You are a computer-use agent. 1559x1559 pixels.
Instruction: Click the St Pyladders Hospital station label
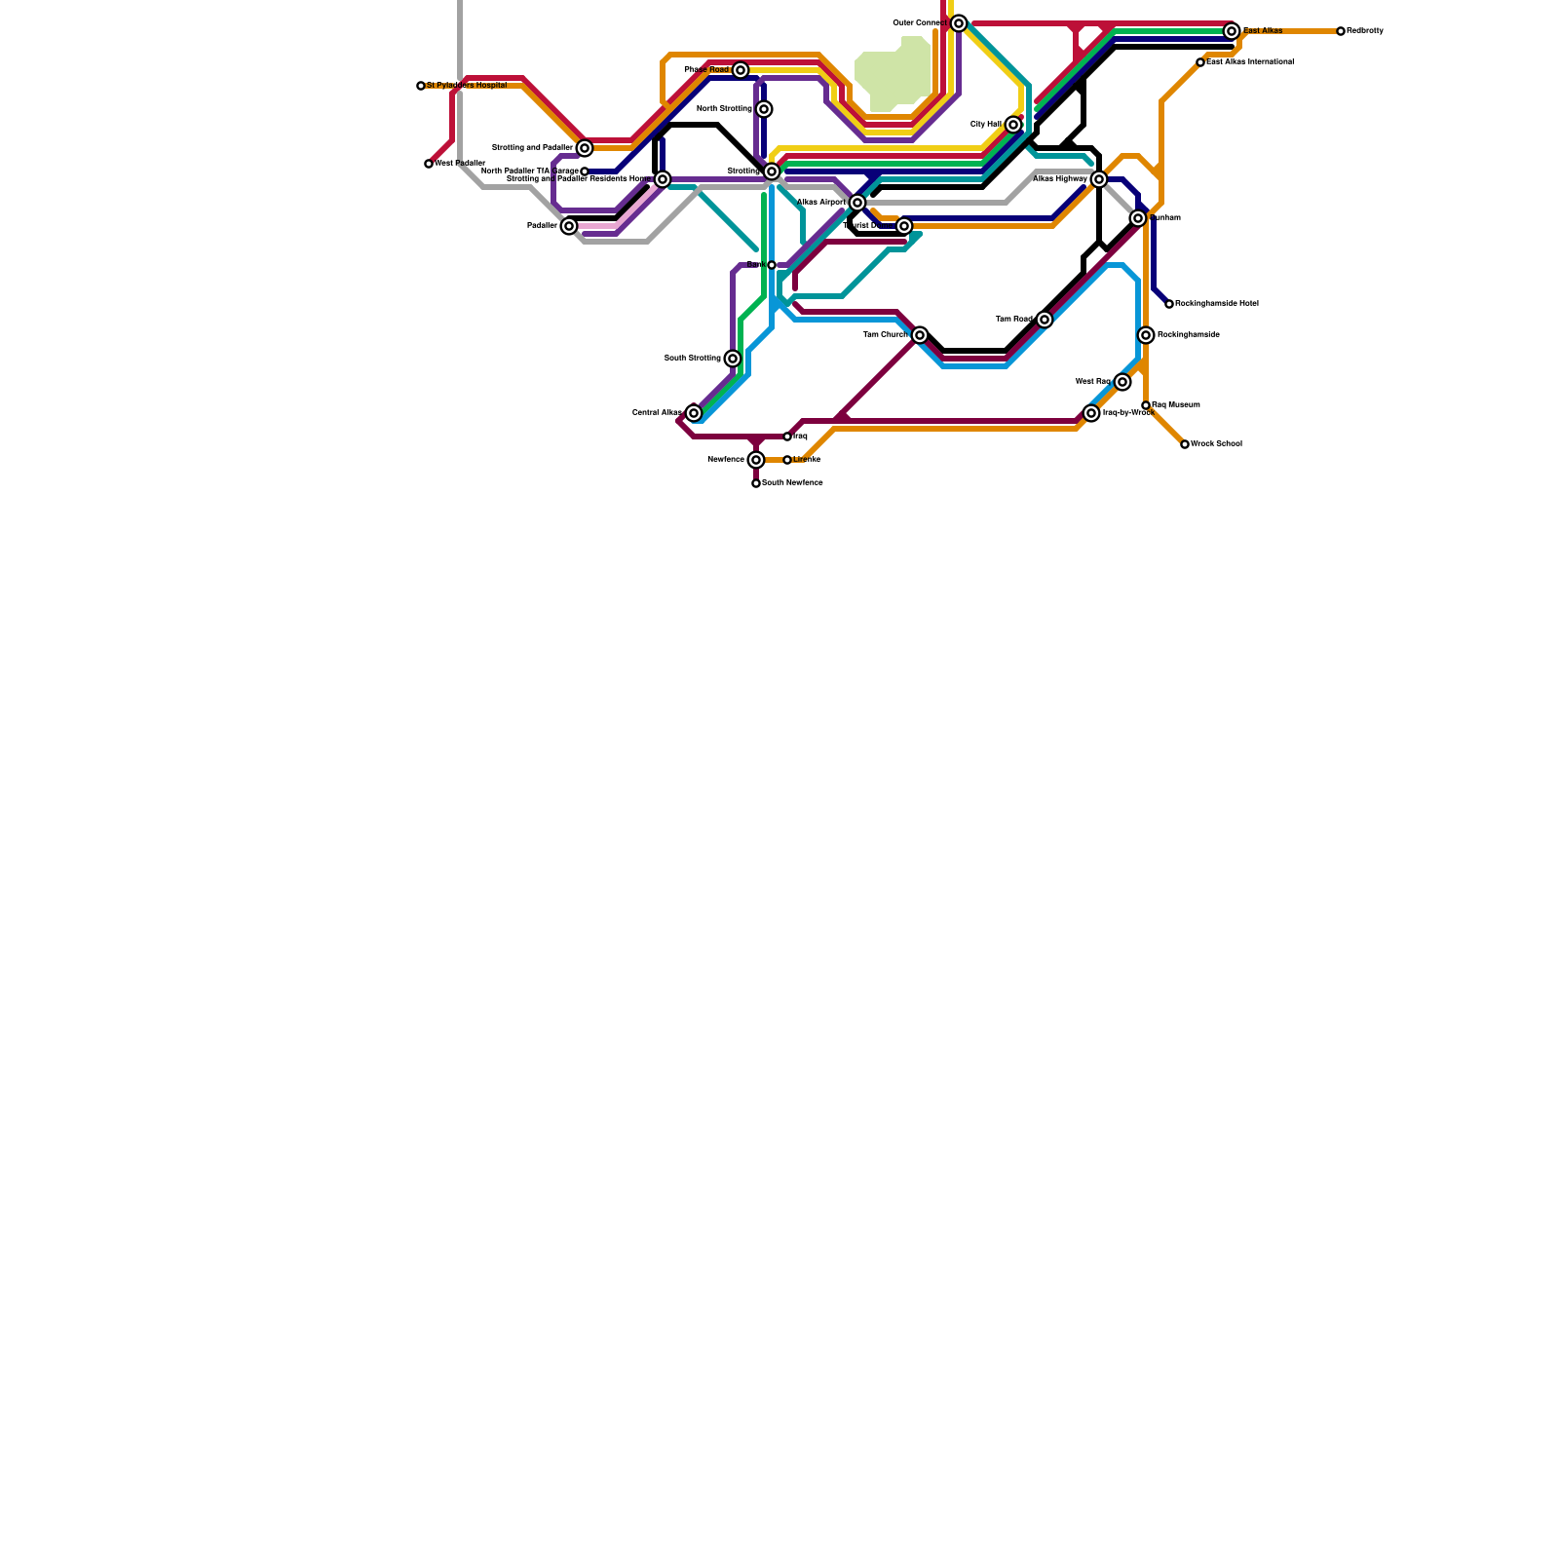click(467, 86)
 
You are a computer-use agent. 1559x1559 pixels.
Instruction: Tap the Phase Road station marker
click(741, 70)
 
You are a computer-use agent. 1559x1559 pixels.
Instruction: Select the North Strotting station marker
click(764, 109)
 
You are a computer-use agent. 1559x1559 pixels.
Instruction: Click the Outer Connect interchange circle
click(959, 23)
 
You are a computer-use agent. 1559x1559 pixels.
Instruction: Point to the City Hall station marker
click(1013, 125)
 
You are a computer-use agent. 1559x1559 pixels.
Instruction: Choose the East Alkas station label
click(1263, 31)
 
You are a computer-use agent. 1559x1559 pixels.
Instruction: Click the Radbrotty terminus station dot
click(1341, 31)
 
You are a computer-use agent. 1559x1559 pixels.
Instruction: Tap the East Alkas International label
click(1250, 62)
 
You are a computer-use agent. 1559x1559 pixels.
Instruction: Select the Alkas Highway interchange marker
click(1099, 179)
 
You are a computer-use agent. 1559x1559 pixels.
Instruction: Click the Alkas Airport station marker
click(857, 203)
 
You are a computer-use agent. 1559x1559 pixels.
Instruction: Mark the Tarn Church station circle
click(920, 335)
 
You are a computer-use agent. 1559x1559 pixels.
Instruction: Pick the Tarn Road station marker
click(1045, 320)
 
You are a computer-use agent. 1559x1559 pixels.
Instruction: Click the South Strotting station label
click(693, 359)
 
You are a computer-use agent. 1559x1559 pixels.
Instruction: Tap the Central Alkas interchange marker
click(694, 413)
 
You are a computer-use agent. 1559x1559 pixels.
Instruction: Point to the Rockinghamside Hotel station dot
click(1169, 304)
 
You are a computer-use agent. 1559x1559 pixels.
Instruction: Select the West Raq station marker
click(1122, 382)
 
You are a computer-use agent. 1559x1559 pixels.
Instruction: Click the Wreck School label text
click(1216, 444)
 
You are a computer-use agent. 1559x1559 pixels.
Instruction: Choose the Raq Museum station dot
click(1146, 405)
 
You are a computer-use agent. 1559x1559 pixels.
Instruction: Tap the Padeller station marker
click(569, 226)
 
